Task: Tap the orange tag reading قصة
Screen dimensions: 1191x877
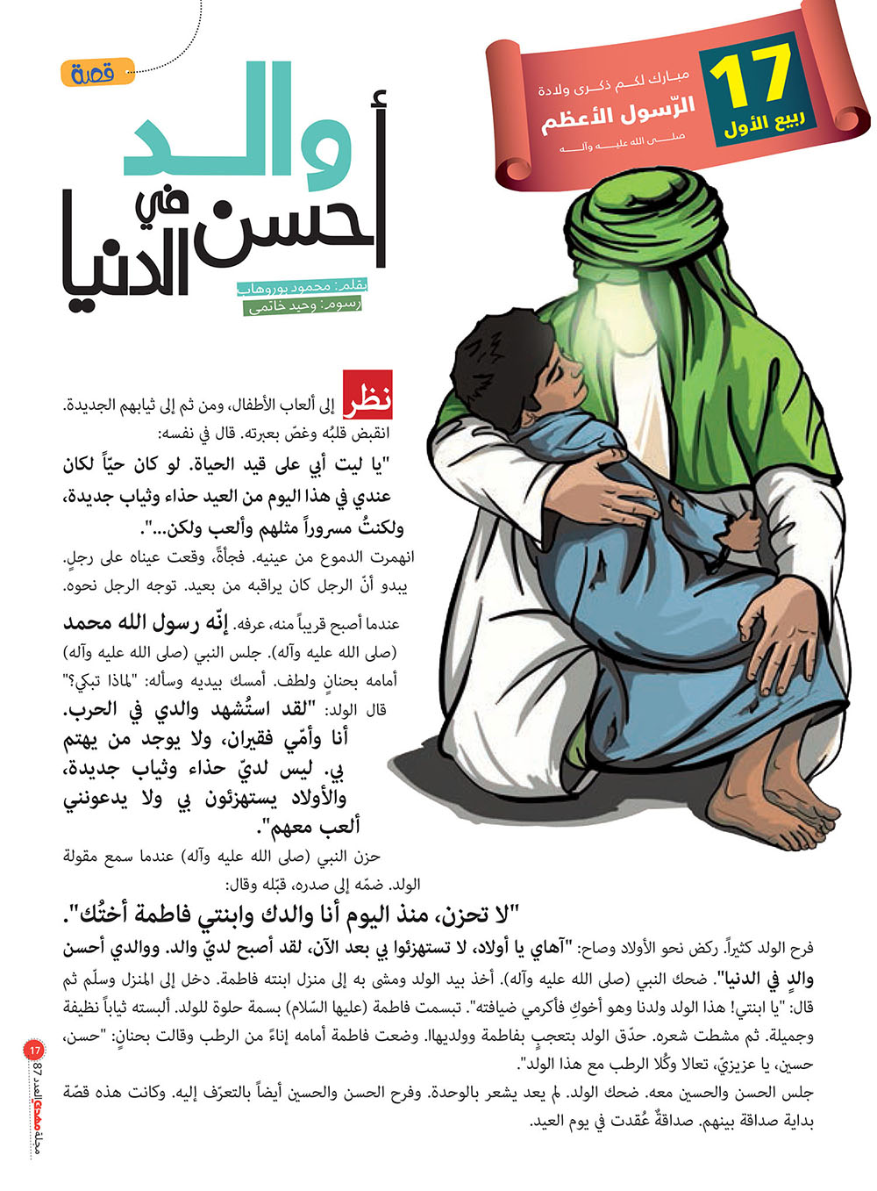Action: pyautogui.click(x=98, y=73)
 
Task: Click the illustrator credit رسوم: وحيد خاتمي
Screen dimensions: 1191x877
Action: pyautogui.click(x=303, y=305)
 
